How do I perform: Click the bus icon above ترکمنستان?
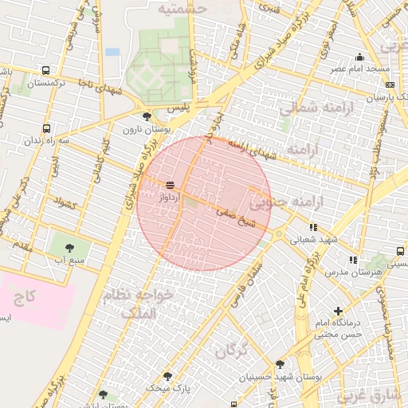click(x=45, y=71)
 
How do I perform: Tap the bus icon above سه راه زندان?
click(x=45, y=127)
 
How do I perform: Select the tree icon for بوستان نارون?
click(x=146, y=116)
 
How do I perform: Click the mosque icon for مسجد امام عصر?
click(x=360, y=57)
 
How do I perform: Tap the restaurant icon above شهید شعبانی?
click(x=313, y=227)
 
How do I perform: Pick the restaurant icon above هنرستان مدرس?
click(x=352, y=260)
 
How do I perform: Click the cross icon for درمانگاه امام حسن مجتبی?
click(x=339, y=311)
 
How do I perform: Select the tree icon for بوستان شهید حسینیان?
click(x=280, y=364)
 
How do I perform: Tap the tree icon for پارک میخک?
click(x=167, y=375)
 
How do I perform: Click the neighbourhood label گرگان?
click(x=233, y=348)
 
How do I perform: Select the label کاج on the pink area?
click(x=25, y=298)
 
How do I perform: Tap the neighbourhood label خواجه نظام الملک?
click(x=156, y=304)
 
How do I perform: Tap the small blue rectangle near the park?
click(x=112, y=52)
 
